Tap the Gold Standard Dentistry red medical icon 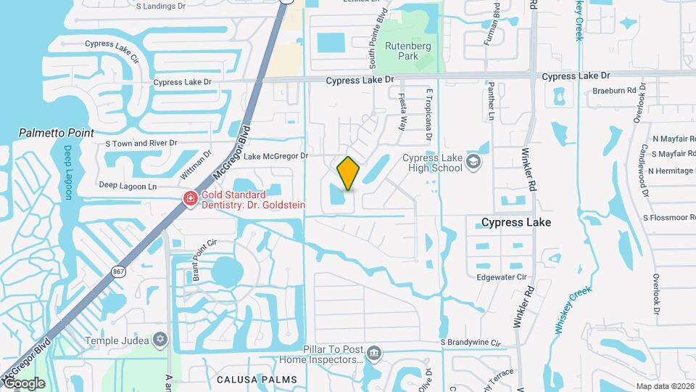pyautogui.click(x=191, y=198)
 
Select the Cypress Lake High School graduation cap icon pyautogui.click(x=474, y=161)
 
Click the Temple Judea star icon pyautogui.click(x=160, y=340)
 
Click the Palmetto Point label pyautogui.click(x=57, y=133)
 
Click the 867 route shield pyautogui.click(x=117, y=271)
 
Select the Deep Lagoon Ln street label pyautogui.click(x=128, y=186)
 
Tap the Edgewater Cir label pyautogui.click(x=501, y=277)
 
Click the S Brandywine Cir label pyautogui.click(x=471, y=342)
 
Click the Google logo pyautogui.click(x=24, y=383)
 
